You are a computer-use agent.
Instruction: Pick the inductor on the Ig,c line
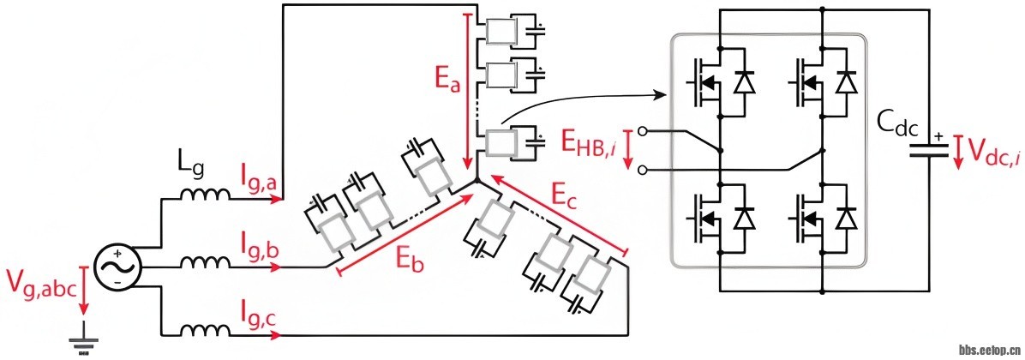tap(204, 330)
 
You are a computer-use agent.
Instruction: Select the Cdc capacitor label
tap(896, 129)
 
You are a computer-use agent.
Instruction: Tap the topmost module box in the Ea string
tap(498, 32)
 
